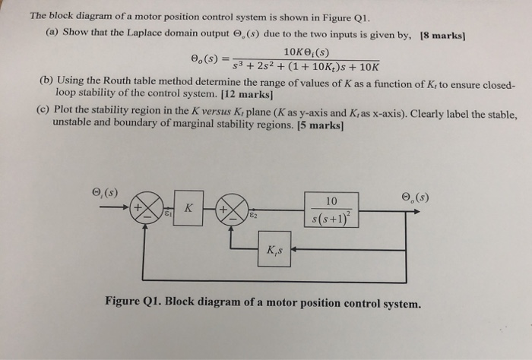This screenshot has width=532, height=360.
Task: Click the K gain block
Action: pyautogui.click(x=188, y=208)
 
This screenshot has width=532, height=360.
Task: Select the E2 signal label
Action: pyautogui.click(x=251, y=216)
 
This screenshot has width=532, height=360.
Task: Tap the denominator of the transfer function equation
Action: pyautogui.click(x=301, y=68)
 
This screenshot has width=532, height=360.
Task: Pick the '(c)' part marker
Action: pyautogui.click(x=43, y=111)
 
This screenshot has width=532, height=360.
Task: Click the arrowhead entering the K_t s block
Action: pyautogui.click(x=294, y=248)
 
